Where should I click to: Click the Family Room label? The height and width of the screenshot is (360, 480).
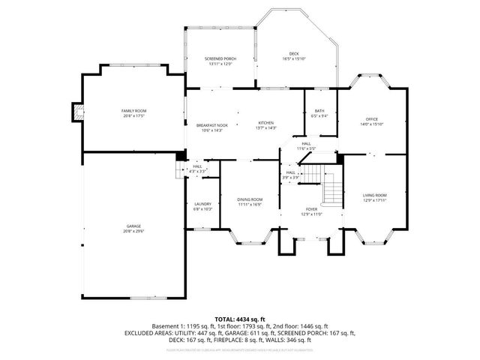134,110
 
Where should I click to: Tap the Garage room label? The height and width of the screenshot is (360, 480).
134,226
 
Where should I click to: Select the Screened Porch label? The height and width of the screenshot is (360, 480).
220,58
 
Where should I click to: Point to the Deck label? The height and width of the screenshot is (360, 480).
295,53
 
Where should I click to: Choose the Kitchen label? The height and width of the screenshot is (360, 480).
266,123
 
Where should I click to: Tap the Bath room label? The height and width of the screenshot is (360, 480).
319,111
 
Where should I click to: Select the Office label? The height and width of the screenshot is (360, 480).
372,119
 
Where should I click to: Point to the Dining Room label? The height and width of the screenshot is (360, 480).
250,199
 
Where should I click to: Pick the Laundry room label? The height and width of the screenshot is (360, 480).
202,204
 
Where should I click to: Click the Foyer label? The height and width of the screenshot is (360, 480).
312,209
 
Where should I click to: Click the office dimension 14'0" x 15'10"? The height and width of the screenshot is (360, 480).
372,124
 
